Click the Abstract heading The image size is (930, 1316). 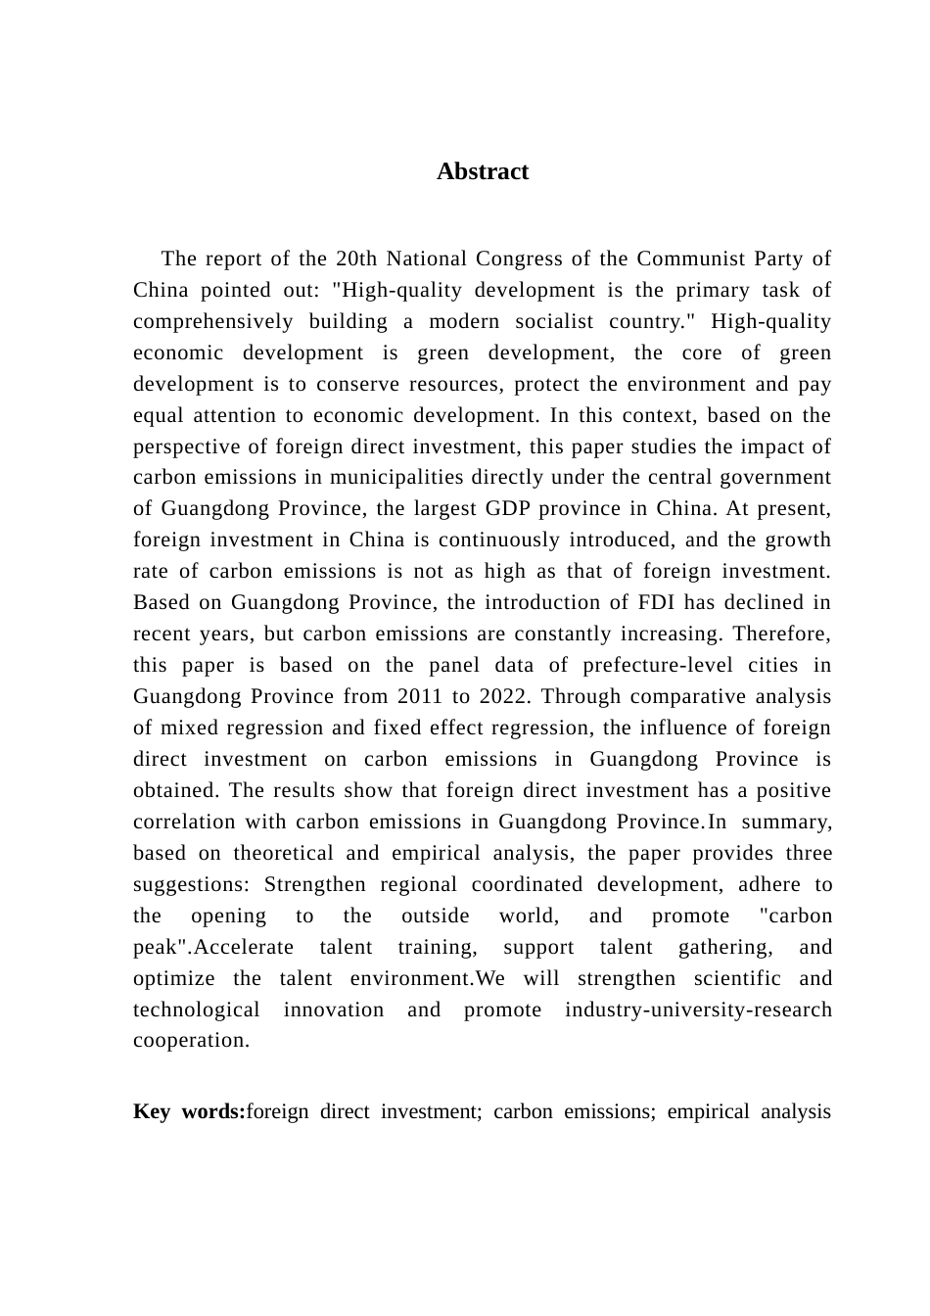click(x=483, y=172)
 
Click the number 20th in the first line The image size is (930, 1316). click(x=356, y=259)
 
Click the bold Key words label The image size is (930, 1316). click(x=189, y=1112)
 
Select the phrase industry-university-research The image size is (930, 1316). click(x=698, y=1010)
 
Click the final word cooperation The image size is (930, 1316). click(x=191, y=1041)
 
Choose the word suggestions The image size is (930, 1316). click(x=192, y=885)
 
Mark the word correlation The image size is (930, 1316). click(x=184, y=822)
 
